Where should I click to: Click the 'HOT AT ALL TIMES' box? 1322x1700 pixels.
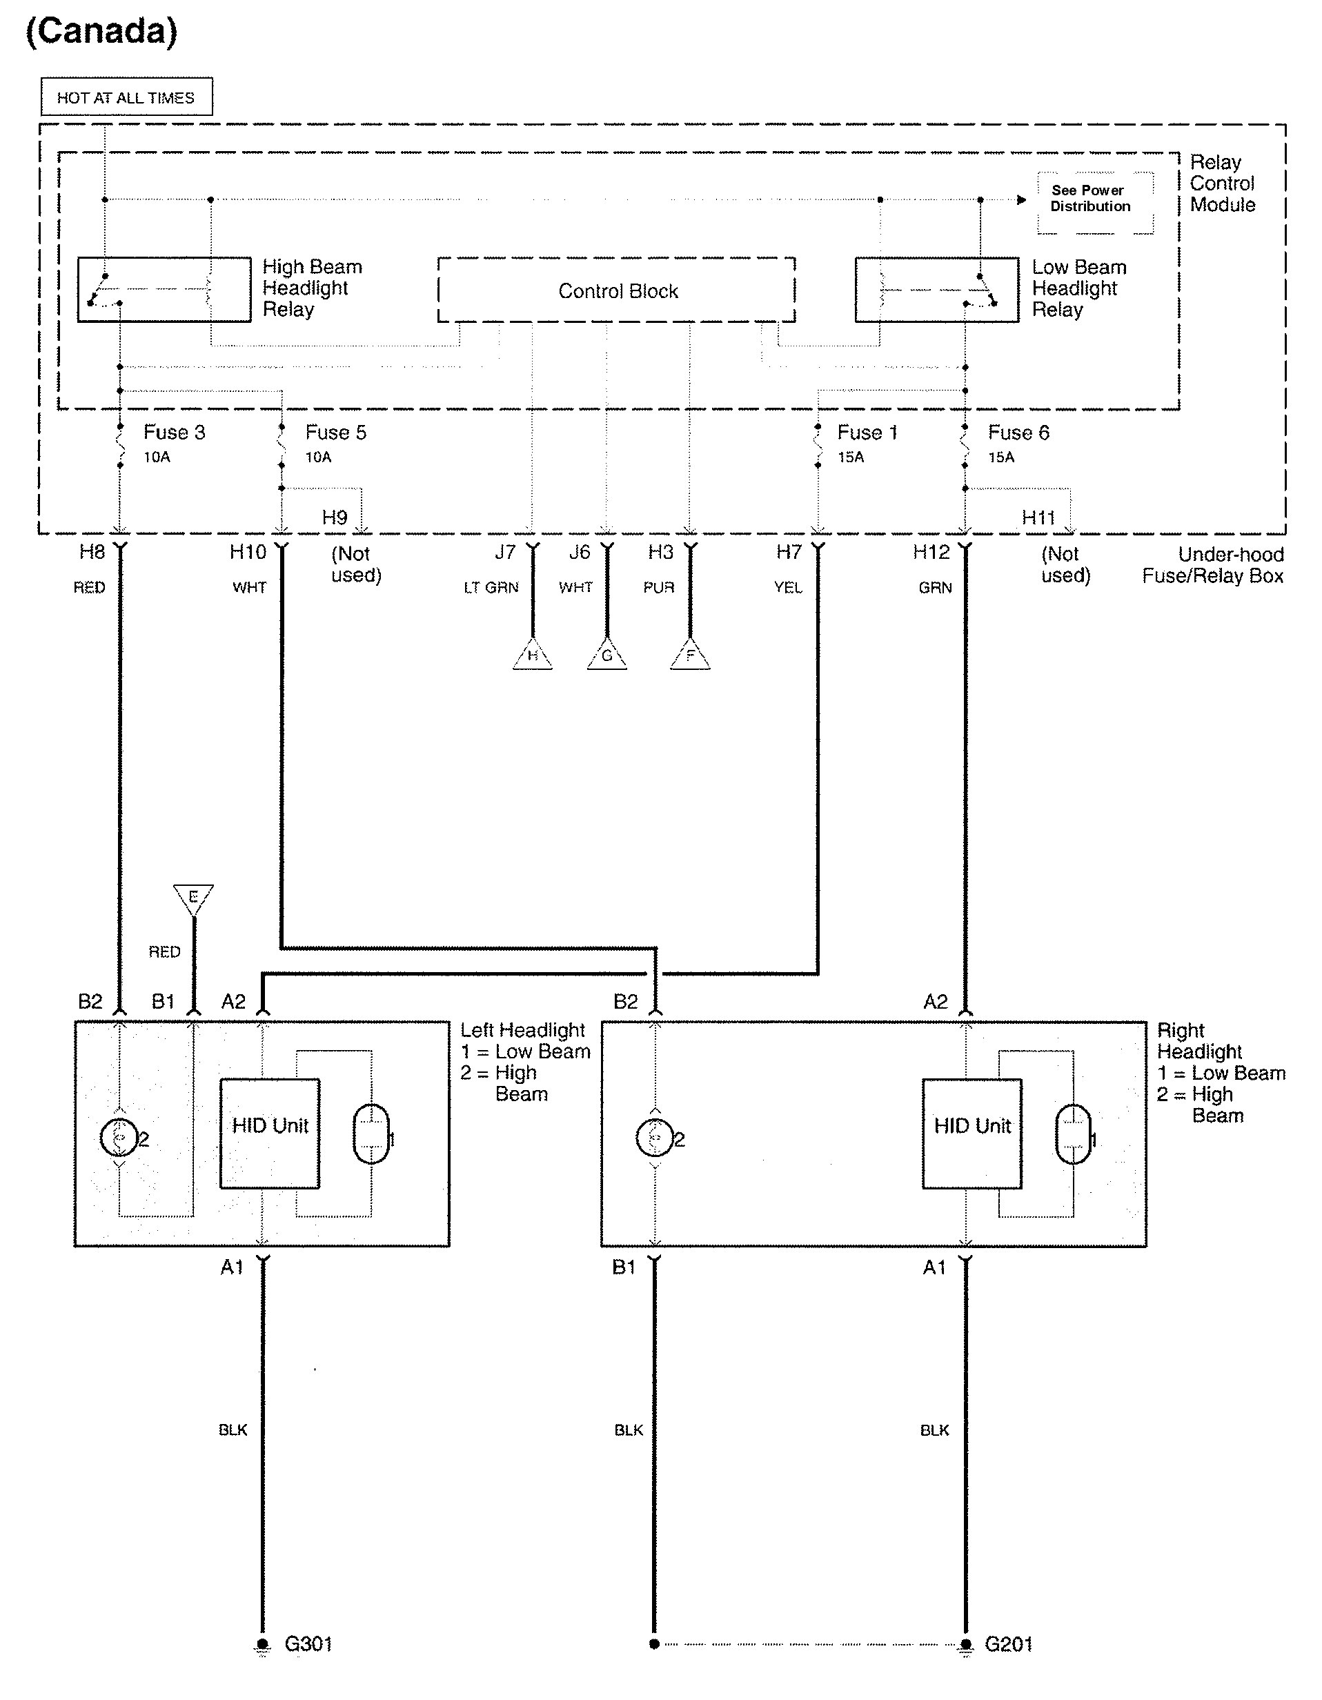point(126,97)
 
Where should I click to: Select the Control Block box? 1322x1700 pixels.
point(617,290)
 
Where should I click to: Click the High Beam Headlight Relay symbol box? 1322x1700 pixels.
point(164,289)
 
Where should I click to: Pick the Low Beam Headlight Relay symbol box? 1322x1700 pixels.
point(936,290)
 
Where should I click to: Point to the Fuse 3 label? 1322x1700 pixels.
point(175,433)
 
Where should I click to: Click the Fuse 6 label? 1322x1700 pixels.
point(1018,433)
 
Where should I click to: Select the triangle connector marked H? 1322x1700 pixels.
point(533,656)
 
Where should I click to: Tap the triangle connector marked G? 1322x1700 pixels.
point(606,656)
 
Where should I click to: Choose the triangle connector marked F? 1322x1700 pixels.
point(690,656)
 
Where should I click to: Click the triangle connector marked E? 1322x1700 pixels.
point(193,898)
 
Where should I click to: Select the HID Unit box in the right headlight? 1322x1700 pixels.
point(971,1133)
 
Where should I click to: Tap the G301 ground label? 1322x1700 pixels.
point(308,1643)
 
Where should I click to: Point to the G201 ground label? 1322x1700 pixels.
point(1008,1643)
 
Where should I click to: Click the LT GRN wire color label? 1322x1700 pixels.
point(491,588)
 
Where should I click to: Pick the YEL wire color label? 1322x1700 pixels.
point(788,588)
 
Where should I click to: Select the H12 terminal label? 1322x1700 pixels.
point(931,553)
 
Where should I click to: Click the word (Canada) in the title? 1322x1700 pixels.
point(101,31)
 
